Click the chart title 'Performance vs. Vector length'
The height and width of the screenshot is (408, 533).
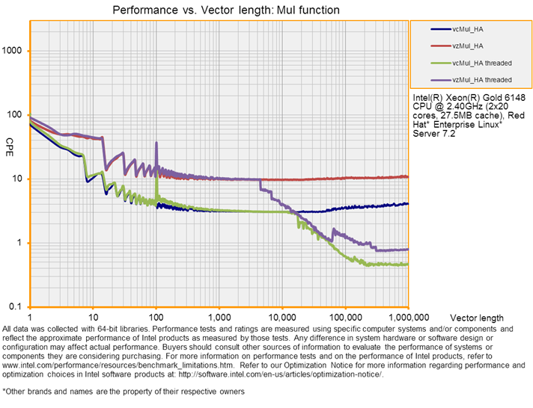pos(225,10)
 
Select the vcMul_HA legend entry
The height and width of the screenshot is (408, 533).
pos(469,29)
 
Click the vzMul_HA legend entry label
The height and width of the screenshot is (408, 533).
pos(469,46)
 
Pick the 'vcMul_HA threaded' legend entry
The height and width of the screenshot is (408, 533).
pos(483,63)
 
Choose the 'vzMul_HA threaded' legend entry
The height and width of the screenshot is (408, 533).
pos(483,79)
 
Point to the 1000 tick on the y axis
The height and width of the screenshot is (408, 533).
pos(15,51)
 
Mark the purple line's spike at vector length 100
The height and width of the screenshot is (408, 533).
pos(156,143)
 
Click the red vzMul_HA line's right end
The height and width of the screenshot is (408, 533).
pos(408,177)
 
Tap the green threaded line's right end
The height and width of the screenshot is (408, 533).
pos(408,264)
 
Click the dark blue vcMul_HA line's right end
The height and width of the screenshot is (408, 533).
pos(408,203)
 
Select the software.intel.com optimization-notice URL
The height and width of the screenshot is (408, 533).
pos(309,374)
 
